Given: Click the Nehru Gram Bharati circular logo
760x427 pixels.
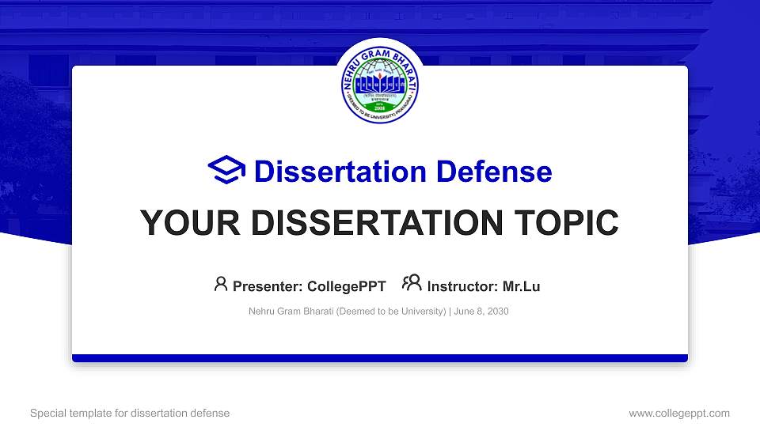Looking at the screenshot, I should point(380,83).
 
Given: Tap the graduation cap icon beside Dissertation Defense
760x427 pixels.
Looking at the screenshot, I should point(227,171).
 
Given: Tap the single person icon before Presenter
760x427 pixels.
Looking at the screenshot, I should point(221,284).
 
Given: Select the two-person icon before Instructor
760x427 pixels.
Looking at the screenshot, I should point(412,284).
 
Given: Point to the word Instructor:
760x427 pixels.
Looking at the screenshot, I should point(462,286).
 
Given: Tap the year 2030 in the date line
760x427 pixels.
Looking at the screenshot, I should point(498,312).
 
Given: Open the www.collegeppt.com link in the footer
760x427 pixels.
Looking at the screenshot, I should point(679,413).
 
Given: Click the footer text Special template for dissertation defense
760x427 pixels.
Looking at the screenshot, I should point(130,413).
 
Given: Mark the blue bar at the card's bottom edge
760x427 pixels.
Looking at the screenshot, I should point(380,358).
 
